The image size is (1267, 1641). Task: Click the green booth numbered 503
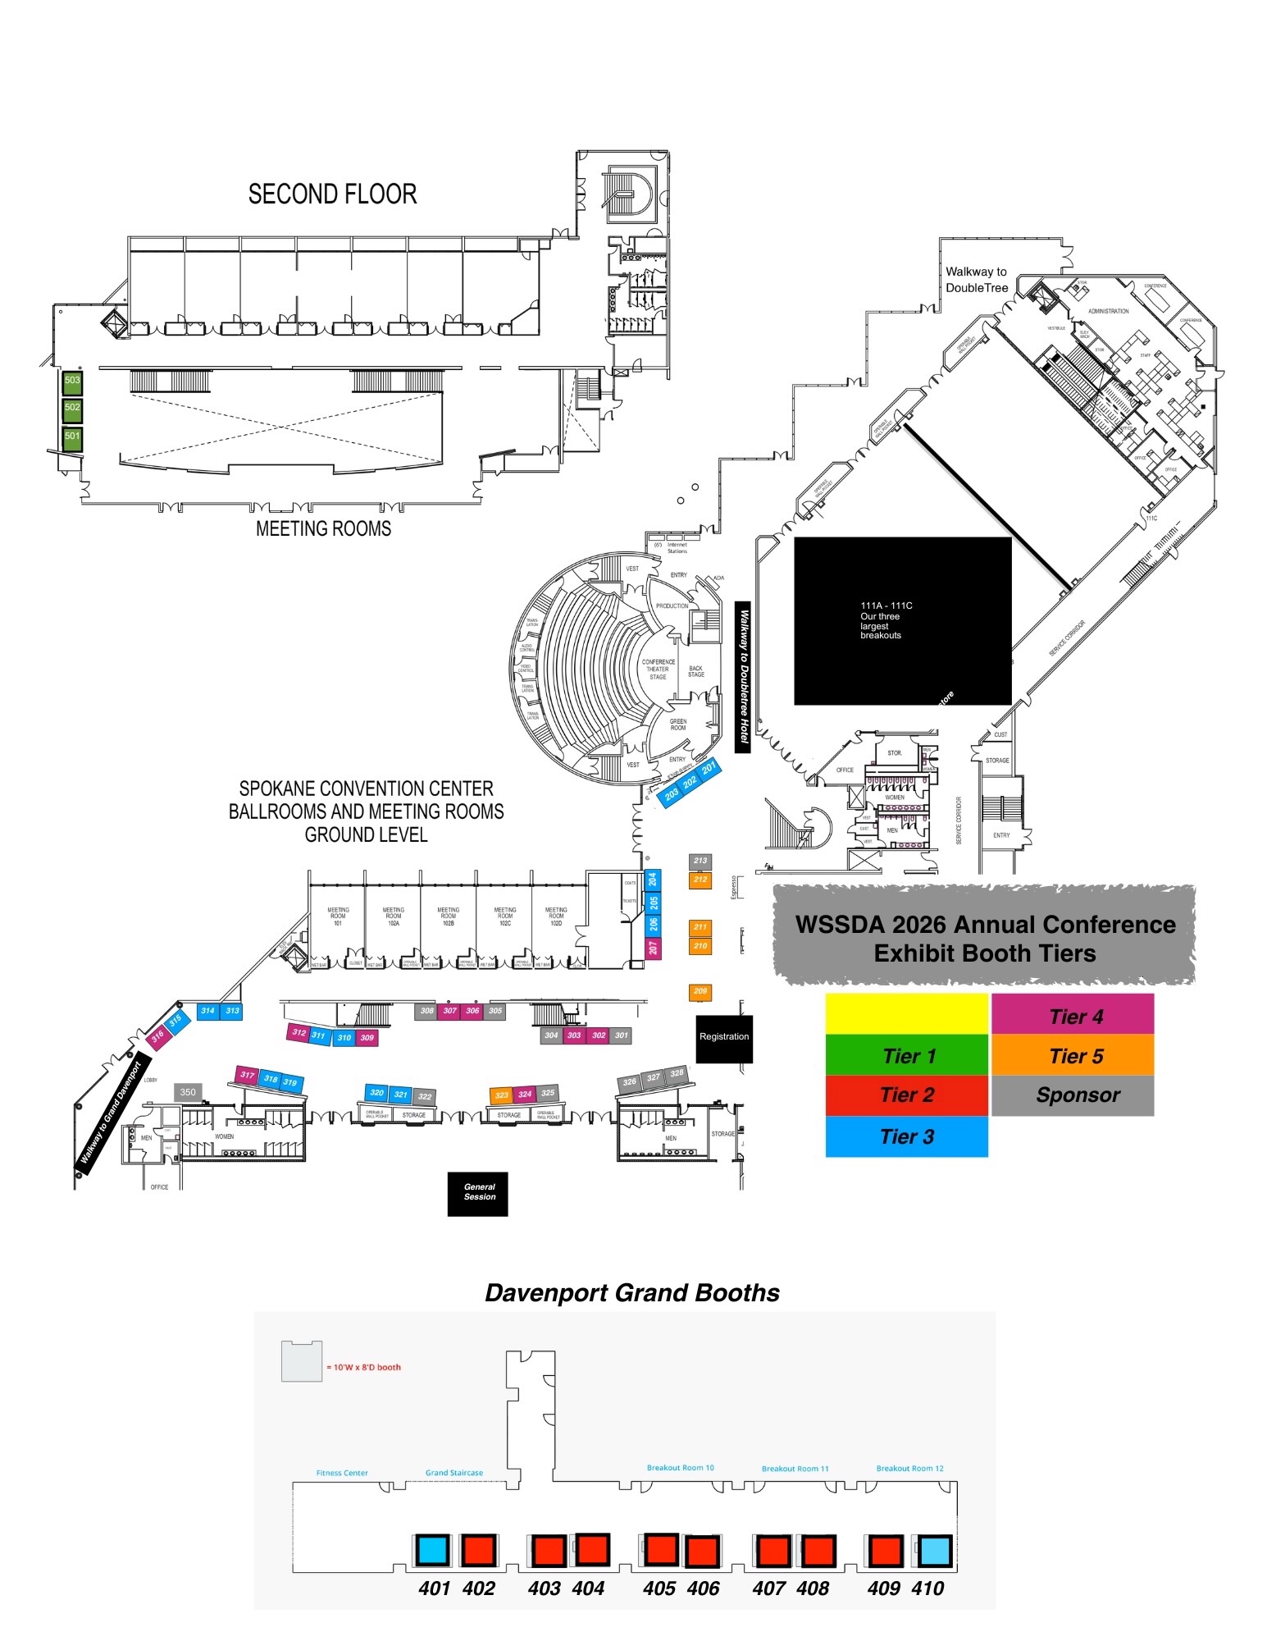[72, 382]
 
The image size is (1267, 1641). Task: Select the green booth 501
[72, 437]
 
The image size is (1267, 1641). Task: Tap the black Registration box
[723, 1038]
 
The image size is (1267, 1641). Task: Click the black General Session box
[478, 1193]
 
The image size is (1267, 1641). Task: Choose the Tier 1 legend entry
[906, 1055]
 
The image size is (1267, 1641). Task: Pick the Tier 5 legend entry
[1073, 1055]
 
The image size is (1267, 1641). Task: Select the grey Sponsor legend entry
[1073, 1095]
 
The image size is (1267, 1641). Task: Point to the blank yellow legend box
[906, 1014]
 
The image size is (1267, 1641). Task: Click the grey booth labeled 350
[188, 1093]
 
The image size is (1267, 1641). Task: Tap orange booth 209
[700, 992]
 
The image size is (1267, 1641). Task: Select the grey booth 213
[700, 862]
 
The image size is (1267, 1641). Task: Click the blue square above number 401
[432, 1550]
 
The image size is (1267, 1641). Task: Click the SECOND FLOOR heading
[332, 194]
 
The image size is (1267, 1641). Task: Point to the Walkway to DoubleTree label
[976, 280]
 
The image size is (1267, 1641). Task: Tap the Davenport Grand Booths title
[631, 1293]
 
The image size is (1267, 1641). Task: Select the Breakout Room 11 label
[795, 1469]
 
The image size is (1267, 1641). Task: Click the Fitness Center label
[342, 1473]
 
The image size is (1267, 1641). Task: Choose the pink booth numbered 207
[653, 948]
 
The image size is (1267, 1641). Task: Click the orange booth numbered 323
[501, 1095]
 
